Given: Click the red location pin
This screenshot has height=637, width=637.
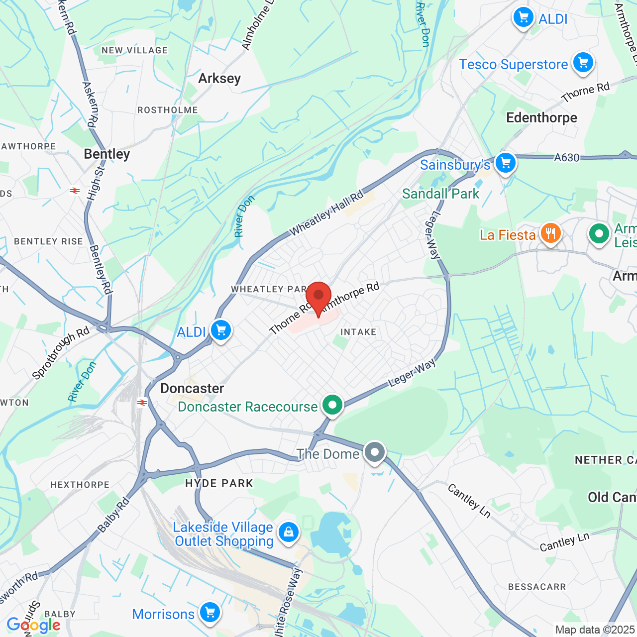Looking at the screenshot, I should point(318,297).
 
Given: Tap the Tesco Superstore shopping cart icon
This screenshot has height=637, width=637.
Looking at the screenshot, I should point(583,63).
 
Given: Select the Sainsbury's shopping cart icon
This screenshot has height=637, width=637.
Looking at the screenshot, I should point(506,163).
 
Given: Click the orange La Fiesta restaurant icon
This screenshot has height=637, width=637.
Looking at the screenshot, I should point(550,233).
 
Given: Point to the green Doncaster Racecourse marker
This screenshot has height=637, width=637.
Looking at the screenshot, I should point(332,406).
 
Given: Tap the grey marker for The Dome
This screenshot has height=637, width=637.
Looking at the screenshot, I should point(374,453).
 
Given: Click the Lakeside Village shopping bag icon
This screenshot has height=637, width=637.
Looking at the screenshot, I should point(288,532).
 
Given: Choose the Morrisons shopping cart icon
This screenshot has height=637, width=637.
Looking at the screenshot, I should point(210,613).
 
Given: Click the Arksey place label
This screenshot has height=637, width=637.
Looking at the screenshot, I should point(219,79).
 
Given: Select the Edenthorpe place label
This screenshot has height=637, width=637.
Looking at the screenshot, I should point(541,118).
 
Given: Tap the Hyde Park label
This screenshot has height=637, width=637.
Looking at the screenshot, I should point(219,483).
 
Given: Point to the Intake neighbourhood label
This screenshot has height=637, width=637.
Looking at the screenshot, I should point(358,332).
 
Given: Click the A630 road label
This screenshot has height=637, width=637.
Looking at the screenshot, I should point(567,158).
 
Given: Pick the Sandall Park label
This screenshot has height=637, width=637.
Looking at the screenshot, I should point(440,194).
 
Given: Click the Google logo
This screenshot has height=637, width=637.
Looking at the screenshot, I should point(33,625).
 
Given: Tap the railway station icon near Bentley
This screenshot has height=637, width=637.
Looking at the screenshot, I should point(75,191).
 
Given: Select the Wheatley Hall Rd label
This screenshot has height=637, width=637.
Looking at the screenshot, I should point(326,213).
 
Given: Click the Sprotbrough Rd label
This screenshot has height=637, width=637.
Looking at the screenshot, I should point(60,353).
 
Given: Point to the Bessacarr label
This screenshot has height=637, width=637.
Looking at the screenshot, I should point(537,587).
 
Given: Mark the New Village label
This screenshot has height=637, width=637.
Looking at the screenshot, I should point(134,50).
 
